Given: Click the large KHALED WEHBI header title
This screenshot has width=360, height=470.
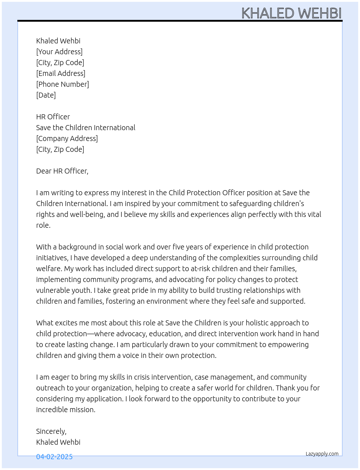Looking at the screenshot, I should point(291,13).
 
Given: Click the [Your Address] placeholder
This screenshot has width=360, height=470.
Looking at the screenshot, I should point(59,52).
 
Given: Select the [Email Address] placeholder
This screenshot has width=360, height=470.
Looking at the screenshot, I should point(61,73).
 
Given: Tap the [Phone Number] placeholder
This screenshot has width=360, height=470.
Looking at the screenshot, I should point(63,84).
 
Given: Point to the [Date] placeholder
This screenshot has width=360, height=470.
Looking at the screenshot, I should point(46,95).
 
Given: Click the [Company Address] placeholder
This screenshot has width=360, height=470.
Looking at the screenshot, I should point(67,138).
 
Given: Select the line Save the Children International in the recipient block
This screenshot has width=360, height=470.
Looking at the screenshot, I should point(86,128).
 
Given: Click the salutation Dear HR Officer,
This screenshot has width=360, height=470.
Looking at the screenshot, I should point(62,171).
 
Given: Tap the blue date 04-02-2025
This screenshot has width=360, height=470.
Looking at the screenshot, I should point(54,457).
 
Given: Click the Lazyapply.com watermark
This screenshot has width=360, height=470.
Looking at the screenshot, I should point(322,454).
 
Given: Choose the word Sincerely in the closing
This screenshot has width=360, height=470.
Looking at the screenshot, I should point(51,431).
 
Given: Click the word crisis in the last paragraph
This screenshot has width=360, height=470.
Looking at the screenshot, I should point(142,377).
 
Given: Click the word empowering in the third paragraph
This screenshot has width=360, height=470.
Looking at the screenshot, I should point(288,345).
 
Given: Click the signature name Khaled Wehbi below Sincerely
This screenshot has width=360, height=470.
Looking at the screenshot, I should point(58,442).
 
